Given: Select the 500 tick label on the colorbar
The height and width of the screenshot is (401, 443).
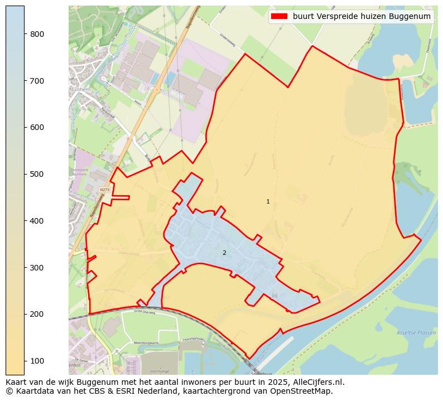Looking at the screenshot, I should (x=37, y=174).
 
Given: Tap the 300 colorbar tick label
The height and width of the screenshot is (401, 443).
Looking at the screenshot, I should (x=37, y=268).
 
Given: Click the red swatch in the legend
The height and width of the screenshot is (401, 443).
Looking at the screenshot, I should (x=279, y=16).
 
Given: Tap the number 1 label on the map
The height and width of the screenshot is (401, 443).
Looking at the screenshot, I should (x=268, y=201).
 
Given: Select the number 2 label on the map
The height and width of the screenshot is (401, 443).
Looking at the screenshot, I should (x=224, y=253).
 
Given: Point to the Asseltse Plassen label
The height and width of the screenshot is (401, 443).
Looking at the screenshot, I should (x=415, y=332).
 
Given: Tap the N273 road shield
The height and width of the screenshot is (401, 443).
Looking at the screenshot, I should (x=104, y=190).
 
